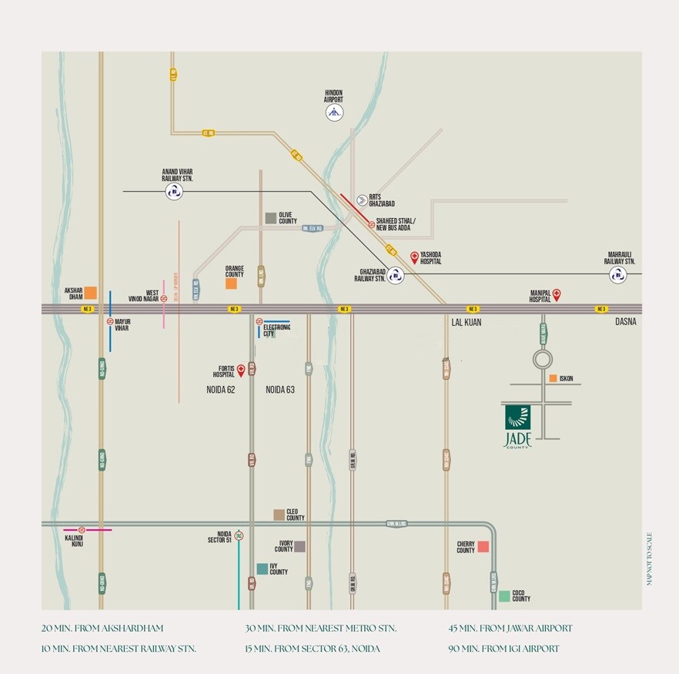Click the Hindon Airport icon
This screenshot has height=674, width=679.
[x=333, y=112]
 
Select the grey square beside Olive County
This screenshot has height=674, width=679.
[x=270, y=218]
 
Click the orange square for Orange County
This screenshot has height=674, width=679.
[x=231, y=283]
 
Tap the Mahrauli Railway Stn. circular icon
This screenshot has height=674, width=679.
[x=617, y=275]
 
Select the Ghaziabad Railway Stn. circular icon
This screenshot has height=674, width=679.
[x=396, y=275]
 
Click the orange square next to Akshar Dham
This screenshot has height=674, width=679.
[x=91, y=292]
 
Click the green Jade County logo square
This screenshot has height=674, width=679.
[x=517, y=417]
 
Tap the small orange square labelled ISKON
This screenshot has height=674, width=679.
[x=553, y=378]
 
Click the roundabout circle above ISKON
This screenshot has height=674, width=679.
[x=543, y=359]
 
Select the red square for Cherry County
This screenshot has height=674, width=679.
[x=483, y=547]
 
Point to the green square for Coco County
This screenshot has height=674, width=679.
[x=503, y=595]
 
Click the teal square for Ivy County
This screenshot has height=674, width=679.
[x=263, y=568]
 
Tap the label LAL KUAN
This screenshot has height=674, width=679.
[x=466, y=323]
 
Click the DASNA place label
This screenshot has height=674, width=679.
[x=625, y=322]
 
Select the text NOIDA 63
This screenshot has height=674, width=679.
[x=280, y=390]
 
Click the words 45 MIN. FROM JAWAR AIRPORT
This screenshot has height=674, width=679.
[x=510, y=629]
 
